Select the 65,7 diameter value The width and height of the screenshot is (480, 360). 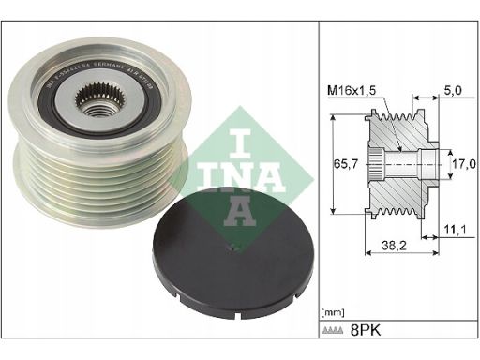click(343, 161)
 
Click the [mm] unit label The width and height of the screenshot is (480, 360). click(333, 310)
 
